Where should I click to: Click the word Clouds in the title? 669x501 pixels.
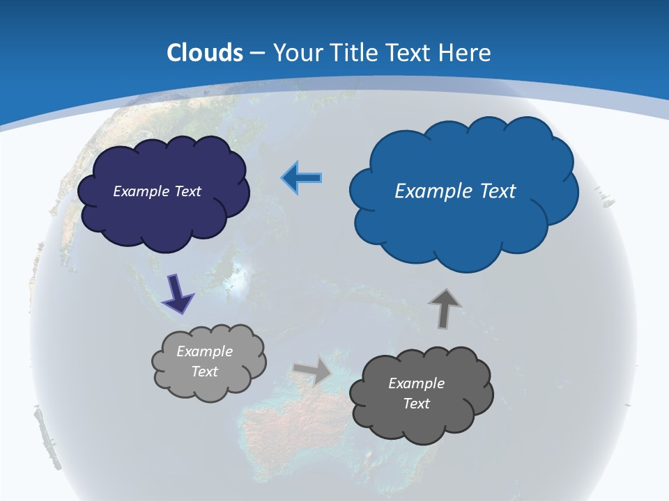point(204,52)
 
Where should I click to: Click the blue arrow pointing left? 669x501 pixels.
point(302,179)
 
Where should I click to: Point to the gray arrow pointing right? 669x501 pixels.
point(312,370)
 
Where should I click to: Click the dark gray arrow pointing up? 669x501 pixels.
point(444,308)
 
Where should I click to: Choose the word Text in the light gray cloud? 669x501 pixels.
point(205,372)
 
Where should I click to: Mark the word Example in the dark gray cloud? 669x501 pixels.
point(416,383)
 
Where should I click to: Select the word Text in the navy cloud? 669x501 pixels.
point(187,191)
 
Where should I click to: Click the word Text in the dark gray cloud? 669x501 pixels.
point(416,404)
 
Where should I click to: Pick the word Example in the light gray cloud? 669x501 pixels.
point(205,351)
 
